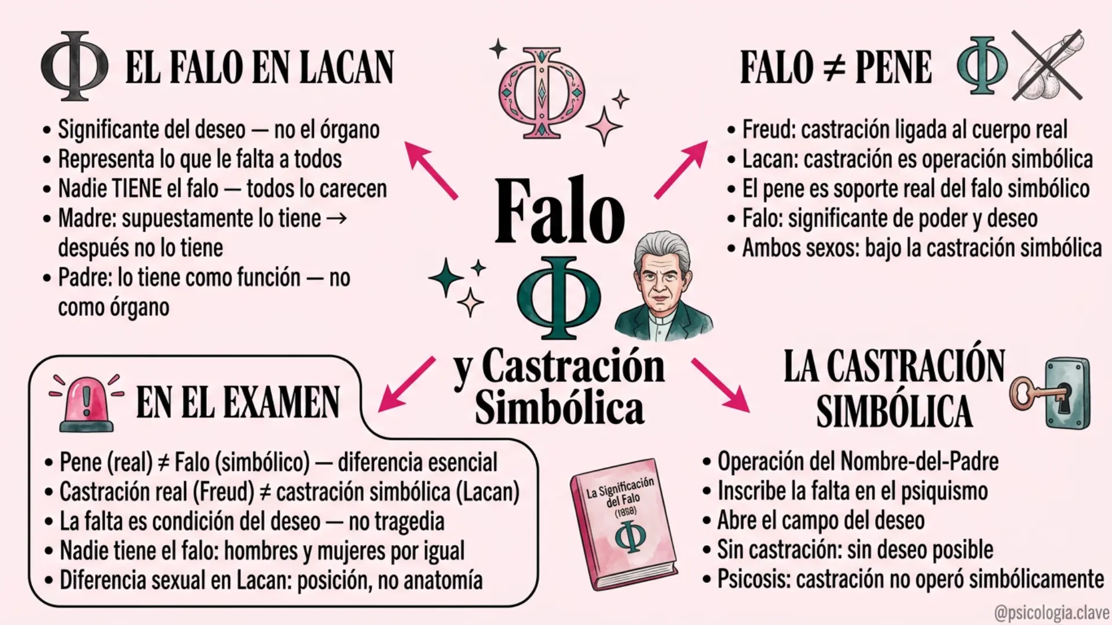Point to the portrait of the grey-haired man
tap(664, 286)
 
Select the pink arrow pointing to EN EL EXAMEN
tap(406, 384)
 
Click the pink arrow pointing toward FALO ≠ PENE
tap(681, 169)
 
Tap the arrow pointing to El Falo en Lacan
tap(431, 170)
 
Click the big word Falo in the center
tap(560, 211)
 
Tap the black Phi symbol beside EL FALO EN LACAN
tap(74, 65)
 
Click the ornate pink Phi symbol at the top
tap(542, 93)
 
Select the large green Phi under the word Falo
tap(559, 298)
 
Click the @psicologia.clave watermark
tap(1051, 612)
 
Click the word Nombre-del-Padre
tap(920, 461)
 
